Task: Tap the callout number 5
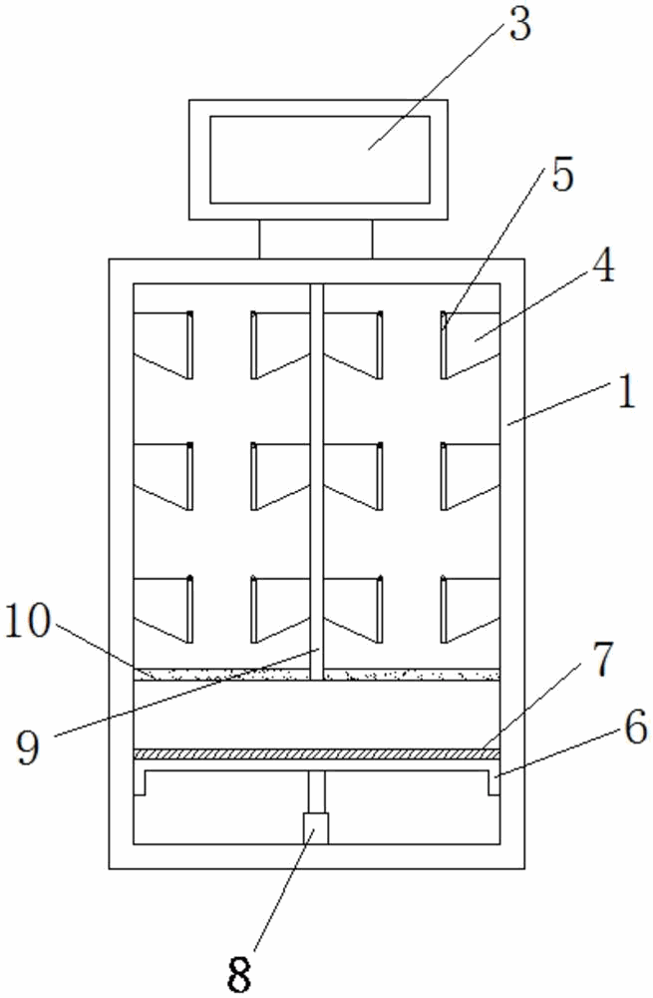562,176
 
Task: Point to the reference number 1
625,392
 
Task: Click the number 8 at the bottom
240,973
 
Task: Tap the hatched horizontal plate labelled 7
315,754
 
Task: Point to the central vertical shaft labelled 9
316,479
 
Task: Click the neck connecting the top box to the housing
315,240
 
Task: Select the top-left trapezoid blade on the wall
162,341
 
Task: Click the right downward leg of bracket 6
492,784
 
